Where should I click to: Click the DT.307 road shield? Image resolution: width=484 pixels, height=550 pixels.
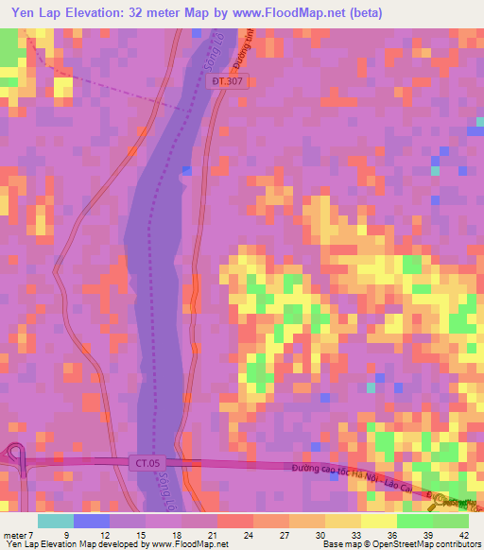pyautogui.click(x=228, y=83)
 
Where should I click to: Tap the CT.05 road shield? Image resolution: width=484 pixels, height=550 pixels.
pyautogui.click(x=142, y=462)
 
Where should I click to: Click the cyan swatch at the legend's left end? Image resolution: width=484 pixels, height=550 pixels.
pyautogui.click(x=55, y=520)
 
